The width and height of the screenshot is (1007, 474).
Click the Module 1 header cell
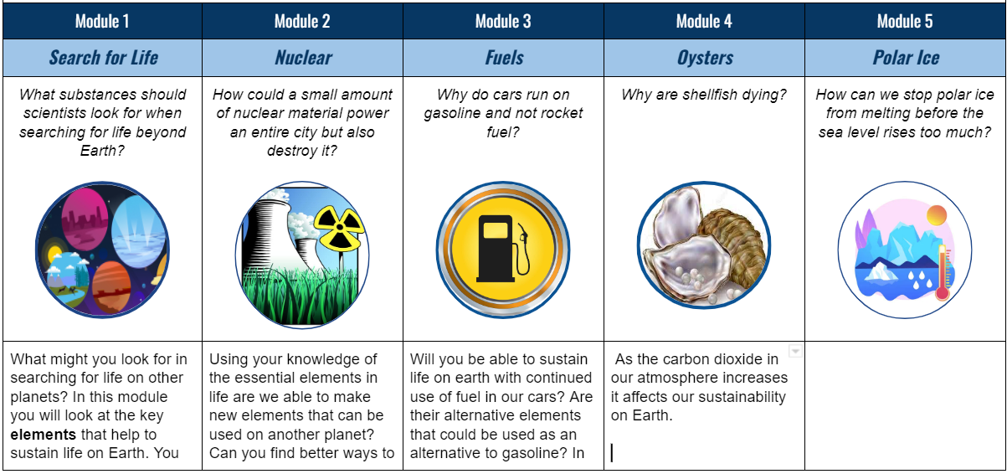[x=102, y=21]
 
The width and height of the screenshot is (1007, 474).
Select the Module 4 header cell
[x=704, y=21]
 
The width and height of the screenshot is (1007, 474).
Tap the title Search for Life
[x=104, y=58]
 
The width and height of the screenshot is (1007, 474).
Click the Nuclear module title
[x=303, y=58]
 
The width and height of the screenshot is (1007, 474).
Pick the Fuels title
[x=504, y=58]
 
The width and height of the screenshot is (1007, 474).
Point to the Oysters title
[x=705, y=58]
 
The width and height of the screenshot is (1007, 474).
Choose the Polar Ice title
[x=906, y=58]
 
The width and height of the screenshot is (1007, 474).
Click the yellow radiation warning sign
[x=339, y=228]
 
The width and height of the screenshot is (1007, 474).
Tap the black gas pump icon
[x=502, y=249]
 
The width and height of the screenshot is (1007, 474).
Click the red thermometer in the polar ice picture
[x=943, y=273]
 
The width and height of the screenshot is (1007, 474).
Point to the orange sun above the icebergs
[x=937, y=215]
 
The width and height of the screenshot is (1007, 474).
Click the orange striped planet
[x=112, y=287]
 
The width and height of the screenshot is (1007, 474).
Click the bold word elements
[x=44, y=435]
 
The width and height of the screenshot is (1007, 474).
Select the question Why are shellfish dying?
[x=704, y=95]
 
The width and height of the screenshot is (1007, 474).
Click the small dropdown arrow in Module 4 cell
[x=795, y=351]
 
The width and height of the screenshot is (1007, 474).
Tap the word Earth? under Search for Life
[x=102, y=150]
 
